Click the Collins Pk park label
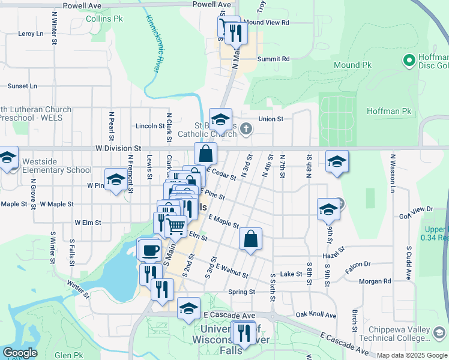104,19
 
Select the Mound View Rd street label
266,22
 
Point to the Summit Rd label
273,59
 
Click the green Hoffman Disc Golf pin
409,60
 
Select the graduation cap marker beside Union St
220,119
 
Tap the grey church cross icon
246,128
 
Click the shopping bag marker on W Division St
205,153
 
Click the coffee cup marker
148,249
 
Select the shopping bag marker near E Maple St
250,238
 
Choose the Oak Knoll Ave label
316,314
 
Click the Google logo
20,353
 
